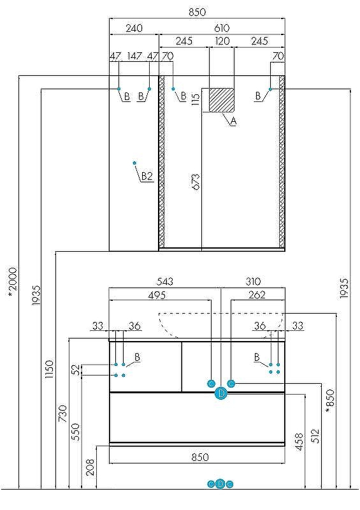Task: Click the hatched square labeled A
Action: tap(222, 100)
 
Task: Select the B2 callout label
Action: tap(147, 175)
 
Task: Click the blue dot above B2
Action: tap(135, 163)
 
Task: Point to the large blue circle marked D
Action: tap(221, 393)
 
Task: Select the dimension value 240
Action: tap(134, 28)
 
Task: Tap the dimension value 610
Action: tap(221, 28)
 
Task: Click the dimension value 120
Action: tap(222, 41)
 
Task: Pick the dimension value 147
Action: tap(134, 56)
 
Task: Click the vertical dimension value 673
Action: tap(196, 182)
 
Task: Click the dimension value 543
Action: tap(165, 282)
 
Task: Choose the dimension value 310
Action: tap(253, 282)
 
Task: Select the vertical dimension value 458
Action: tap(299, 442)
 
